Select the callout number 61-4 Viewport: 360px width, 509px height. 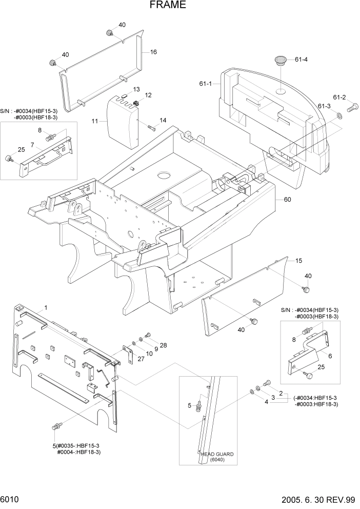tap(301, 60)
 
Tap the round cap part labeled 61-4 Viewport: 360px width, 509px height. tap(281, 61)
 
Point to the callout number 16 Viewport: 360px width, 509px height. tap(153, 52)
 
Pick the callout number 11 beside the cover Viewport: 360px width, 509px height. tap(95, 121)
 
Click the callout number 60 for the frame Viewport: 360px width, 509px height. tap(287, 200)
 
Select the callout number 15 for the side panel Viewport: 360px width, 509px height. tap(298, 261)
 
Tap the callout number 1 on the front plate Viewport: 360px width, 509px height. tap(46, 307)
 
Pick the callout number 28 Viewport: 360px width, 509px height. tap(163, 345)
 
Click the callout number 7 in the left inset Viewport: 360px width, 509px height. tap(32, 145)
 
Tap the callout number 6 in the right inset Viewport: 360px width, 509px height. tap(330, 356)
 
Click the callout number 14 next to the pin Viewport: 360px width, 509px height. tap(163, 120)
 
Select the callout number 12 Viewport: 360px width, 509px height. tap(148, 95)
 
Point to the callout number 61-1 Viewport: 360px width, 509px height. tap(206, 84)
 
